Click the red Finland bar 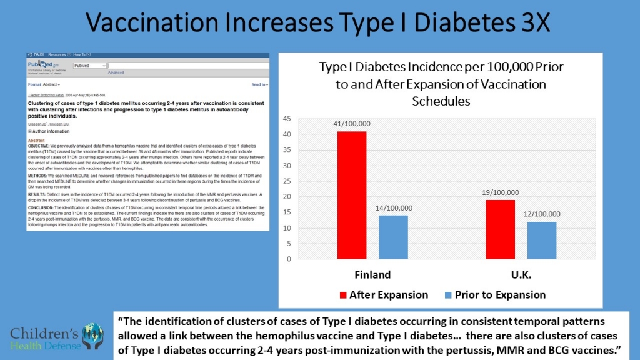pos(352,195)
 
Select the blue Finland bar pos(393,237)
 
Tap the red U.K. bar pos(500,229)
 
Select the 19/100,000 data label pos(500,192)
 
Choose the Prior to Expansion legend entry pos(493,295)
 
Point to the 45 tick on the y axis pos(287,119)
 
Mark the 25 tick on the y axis pos(287,181)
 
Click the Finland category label pos(372,274)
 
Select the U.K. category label pos(521,274)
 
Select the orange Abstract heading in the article pos(37,140)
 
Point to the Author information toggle pos(49,131)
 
